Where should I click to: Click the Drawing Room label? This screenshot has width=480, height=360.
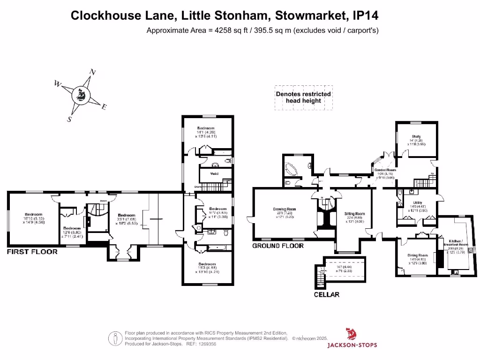284,210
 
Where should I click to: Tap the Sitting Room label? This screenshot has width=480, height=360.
356,214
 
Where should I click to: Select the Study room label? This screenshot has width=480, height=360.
416,137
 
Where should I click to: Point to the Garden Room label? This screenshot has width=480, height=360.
385,170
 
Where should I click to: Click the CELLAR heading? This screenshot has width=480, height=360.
327,295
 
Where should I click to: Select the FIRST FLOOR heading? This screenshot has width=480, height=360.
32,252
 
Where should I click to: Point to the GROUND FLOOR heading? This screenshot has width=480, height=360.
278,246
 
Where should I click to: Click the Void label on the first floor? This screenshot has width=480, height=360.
214,173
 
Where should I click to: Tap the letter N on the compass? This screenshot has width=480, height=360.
93,72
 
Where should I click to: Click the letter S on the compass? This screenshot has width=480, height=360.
69,119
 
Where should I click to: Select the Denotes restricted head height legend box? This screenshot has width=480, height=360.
303,97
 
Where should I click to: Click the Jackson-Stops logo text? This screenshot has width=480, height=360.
352,345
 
